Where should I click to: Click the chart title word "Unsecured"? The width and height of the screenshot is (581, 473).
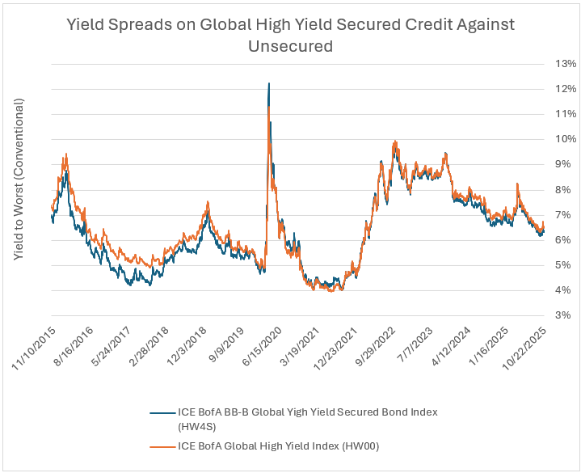click(x=290, y=47)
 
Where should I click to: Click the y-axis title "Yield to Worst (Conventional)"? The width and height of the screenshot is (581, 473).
click(x=19, y=179)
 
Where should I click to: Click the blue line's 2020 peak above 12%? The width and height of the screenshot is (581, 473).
click(x=268, y=83)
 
